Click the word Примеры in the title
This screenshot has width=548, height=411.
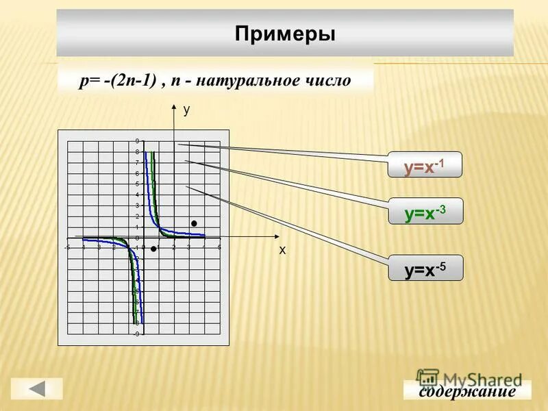[285, 34]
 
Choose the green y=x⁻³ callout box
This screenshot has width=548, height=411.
[425, 212]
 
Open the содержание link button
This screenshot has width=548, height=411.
[467, 391]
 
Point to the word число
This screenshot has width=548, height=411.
[329, 81]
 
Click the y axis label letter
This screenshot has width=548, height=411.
[186, 109]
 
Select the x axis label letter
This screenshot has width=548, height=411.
[282, 251]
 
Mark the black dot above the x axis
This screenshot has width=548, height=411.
[195, 223]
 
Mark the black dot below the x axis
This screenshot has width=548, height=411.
[154, 249]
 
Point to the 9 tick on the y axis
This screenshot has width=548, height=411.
[137, 141]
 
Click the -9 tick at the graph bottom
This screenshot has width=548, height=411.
[136, 334]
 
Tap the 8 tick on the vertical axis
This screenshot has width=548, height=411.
[137, 152]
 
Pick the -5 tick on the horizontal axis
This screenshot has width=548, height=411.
[66, 247]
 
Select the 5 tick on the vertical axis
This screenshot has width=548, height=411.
[137, 184]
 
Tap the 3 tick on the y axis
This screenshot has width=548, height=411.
[137, 206]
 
